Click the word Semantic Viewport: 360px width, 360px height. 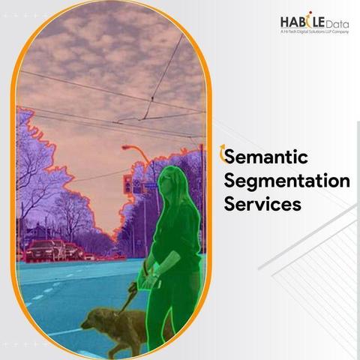coord(266,157)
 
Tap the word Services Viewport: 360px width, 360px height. coord(262,204)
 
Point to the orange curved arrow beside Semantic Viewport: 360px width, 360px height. coord(222,154)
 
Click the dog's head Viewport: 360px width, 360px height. coord(91,319)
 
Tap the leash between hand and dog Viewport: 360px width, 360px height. coord(128,298)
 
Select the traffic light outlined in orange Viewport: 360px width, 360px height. coord(127,184)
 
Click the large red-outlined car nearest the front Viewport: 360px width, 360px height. coord(40,250)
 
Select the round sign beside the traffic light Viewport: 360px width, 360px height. coord(136,183)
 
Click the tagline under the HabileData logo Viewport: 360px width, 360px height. coord(314,31)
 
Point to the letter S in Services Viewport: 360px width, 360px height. coord(229,204)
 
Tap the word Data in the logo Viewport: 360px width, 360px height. coord(337,24)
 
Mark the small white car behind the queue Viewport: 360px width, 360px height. coord(89,256)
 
